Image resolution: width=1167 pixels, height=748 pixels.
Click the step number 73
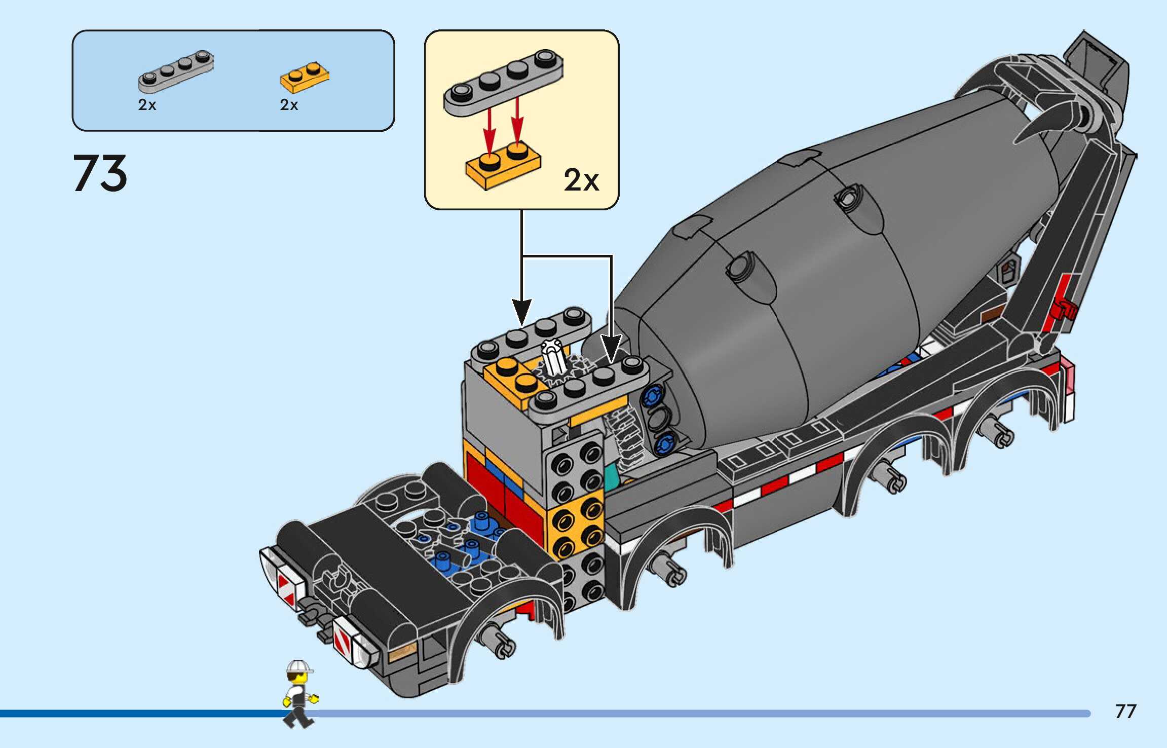[x=100, y=174]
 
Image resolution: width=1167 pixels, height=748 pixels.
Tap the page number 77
[x=1125, y=712]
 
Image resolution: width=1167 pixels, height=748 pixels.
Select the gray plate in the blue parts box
[x=175, y=71]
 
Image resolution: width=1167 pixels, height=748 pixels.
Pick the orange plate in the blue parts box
[x=304, y=78]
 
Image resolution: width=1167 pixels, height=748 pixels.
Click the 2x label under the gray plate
[x=147, y=105]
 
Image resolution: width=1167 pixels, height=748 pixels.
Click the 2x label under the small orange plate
[x=289, y=105]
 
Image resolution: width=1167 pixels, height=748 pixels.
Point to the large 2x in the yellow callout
[x=581, y=180]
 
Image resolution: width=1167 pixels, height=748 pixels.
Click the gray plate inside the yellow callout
[x=503, y=81]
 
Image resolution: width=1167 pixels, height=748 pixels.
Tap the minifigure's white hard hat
[x=298, y=666]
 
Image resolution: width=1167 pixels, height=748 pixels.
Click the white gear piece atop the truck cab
[x=553, y=357]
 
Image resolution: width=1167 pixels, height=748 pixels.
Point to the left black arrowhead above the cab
[x=521, y=312]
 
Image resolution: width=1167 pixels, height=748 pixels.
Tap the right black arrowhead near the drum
[x=611, y=347]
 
